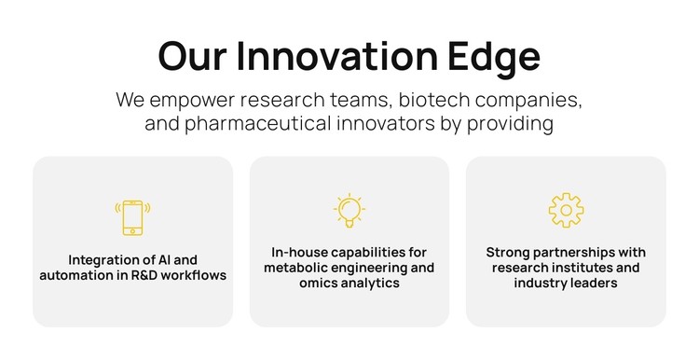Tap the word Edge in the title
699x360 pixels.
click(x=499, y=57)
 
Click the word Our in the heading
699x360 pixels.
click(x=191, y=57)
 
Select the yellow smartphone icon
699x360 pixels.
click(x=132, y=216)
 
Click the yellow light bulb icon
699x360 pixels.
click(x=349, y=211)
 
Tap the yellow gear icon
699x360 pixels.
click(x=566, y=211)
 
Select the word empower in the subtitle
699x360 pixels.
click(x=190, y=100)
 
